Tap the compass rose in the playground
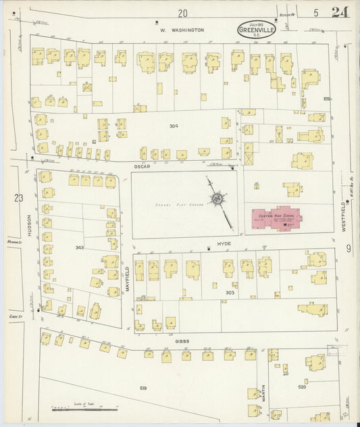coord(217,199)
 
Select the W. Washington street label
coord(182,30)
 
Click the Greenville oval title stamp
coord(257,30)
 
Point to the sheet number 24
coord(340,12)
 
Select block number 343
coord(80,248)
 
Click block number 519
coord(143,388)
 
